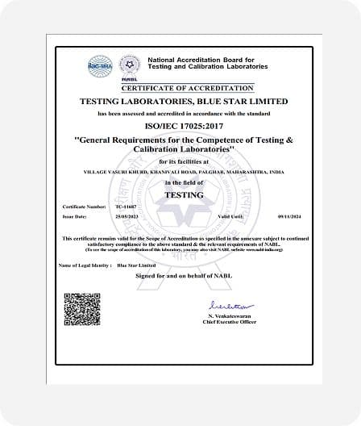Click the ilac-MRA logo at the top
click(100, 65)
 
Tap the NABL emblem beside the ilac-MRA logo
click(129, 65)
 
